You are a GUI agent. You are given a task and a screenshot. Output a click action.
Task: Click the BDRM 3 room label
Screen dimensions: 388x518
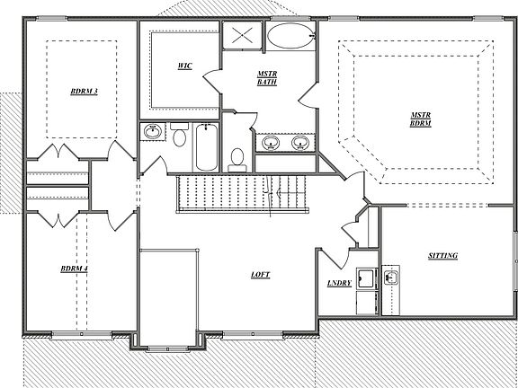[x=84, y=91]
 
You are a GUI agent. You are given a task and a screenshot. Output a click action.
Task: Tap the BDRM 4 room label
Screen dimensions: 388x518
[x=74, y=269]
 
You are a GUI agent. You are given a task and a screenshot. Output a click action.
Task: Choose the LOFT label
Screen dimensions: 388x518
[x=262, y=275]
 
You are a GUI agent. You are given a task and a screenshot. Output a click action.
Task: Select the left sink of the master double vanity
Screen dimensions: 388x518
[x=269, y=142]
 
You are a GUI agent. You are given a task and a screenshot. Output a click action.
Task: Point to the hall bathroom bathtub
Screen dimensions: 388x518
[x=205, y=148]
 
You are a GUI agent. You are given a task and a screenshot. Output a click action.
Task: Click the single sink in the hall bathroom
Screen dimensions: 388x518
[x=154, y=133]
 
